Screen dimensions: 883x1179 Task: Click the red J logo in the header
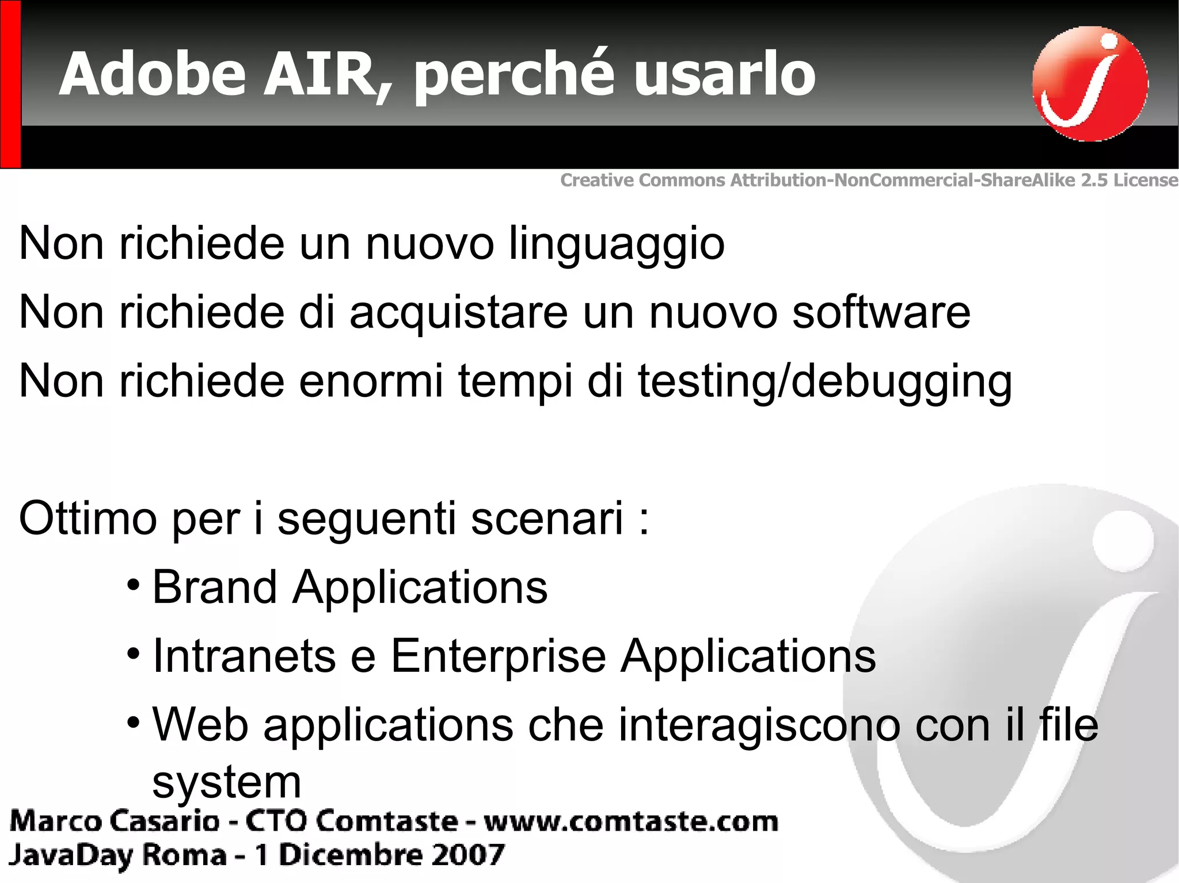pos(1089,83)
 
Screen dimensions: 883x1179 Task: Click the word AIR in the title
pos(325,75)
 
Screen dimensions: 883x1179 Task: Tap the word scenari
pos(547,518)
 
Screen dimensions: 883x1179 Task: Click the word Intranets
pos(244,656)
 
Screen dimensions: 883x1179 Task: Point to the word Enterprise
pos(499,656)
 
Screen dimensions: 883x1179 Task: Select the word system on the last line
pos(226,783)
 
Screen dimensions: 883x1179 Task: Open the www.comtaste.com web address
pos(631,821)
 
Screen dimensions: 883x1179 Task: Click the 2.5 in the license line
pos(1094,180)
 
